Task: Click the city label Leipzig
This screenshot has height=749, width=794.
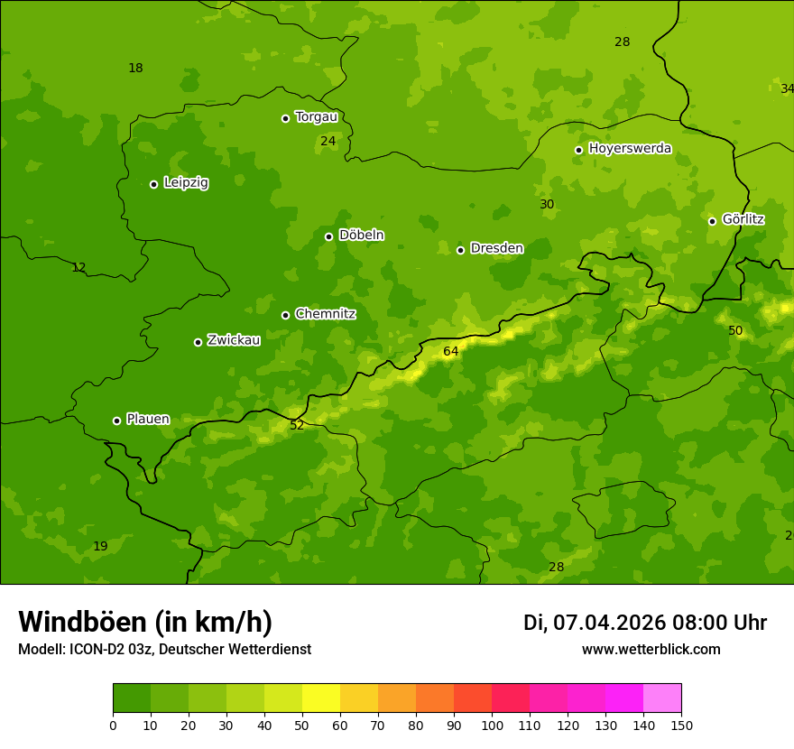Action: coord(186,183)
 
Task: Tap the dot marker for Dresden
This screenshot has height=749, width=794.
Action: coord(460,250)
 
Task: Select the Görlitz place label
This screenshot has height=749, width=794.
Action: coord(743,219)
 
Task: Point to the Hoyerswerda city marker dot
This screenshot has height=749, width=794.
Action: coord(578,150)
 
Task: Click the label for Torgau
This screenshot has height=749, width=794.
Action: coord(316,117)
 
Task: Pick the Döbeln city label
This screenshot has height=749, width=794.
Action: coord(361,236)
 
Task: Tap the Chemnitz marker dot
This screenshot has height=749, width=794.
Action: coord(285,315)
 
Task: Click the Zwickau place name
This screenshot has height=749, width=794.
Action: coord(234,340)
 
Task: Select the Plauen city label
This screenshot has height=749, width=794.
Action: coord(148,420)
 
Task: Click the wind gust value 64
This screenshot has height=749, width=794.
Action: coord(451,351)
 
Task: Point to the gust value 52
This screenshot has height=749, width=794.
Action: coord(297,425)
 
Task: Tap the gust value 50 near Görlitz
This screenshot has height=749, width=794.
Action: coord(735,331)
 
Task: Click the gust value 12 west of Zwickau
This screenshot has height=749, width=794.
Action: coord(78,268)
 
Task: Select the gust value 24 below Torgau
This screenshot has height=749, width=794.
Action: coord(328,142)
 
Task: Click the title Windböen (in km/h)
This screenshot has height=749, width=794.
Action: coord(145,622)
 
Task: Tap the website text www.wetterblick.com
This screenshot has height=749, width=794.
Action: coord(651,650)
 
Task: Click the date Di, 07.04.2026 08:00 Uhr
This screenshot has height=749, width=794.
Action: coord(644,623)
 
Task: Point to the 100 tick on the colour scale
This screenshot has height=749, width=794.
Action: coord(492,725)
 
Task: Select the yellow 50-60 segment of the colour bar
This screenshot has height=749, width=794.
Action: coord(321,698)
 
